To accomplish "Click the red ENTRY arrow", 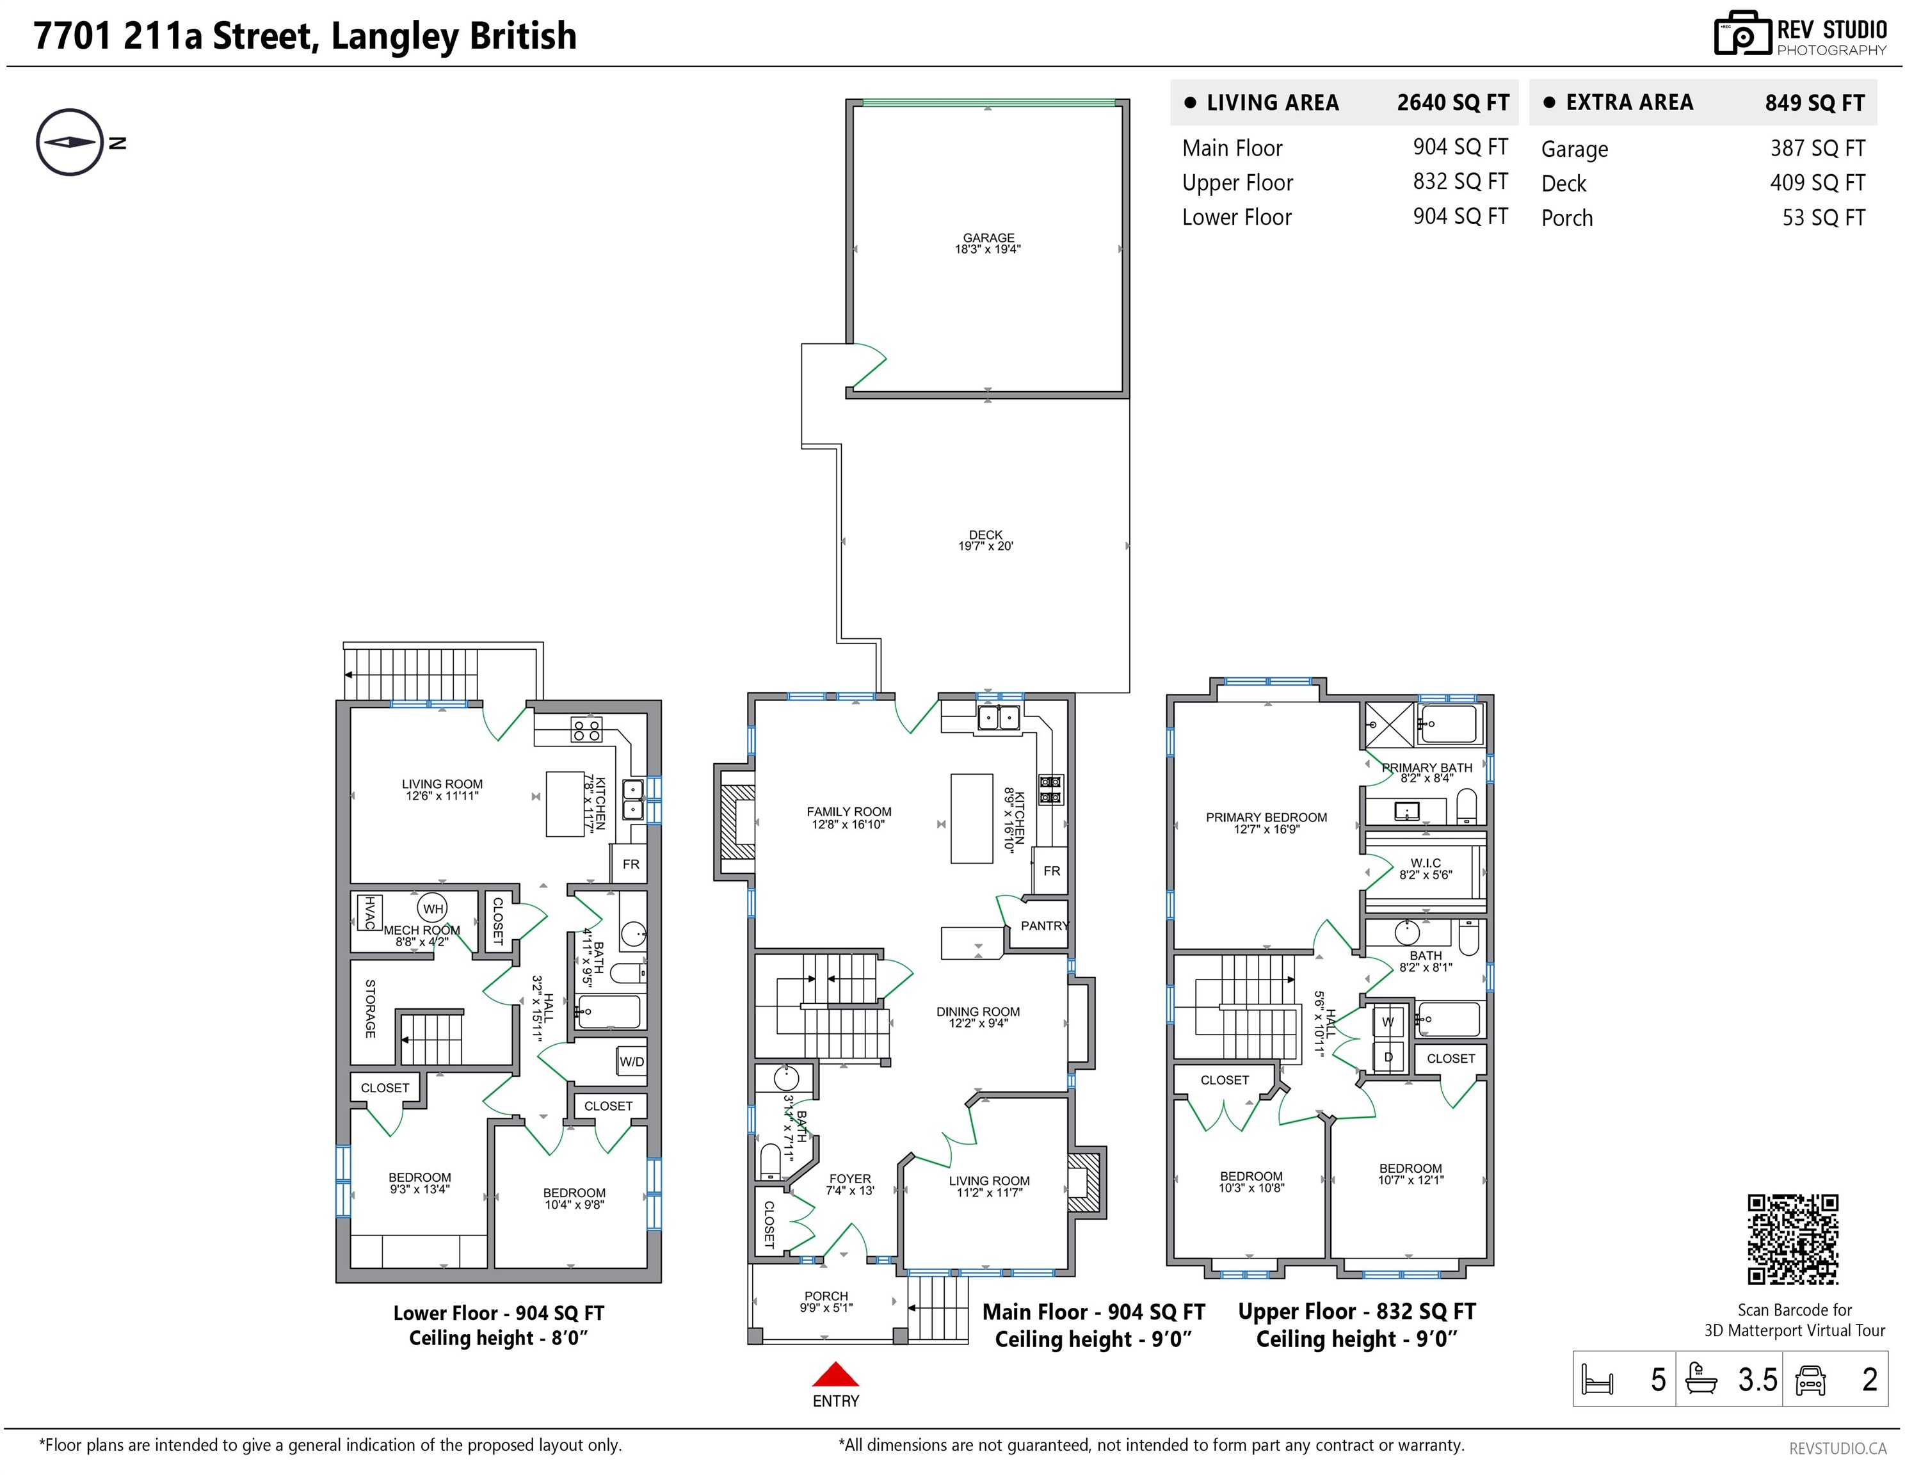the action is (x=835, y=1374).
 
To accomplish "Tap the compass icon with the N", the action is (x=70, y=142).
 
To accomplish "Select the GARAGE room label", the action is (x=988, y=238).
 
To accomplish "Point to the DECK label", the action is (x=986, y=535).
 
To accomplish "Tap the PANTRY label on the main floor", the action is (x=1045, y=926).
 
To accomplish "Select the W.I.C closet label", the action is (x=1426, y=863).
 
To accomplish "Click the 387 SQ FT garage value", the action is (x=1818, y=149).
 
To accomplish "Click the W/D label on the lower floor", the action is (x=632, y=1061).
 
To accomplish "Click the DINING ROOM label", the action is (x=978, y=1012).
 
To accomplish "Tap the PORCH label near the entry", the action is (x=826, y=1296).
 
